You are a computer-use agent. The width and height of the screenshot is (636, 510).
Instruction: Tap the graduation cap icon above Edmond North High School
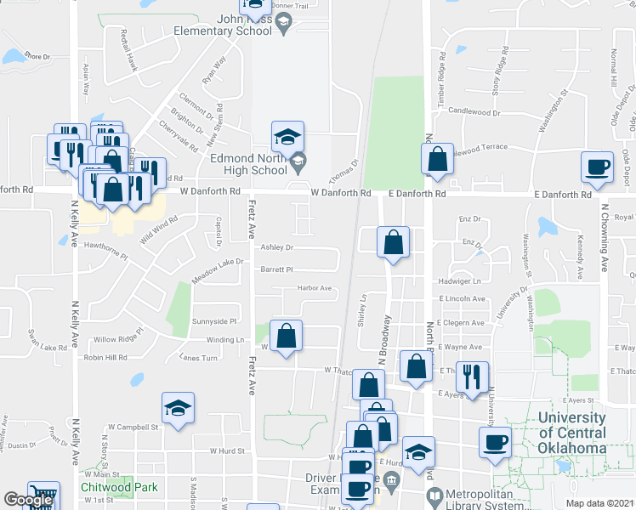287,136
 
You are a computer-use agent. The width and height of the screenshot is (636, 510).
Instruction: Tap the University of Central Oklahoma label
571,433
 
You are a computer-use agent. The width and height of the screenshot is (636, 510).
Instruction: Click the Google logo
28,501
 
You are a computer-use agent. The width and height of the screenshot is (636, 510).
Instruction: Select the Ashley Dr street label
276,248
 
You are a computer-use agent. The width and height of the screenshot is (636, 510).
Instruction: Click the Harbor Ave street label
314,288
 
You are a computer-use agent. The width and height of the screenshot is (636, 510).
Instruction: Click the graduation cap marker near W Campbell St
178,407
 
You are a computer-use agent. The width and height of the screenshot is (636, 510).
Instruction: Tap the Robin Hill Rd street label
105,358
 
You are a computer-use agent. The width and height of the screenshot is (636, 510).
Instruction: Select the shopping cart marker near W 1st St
43,496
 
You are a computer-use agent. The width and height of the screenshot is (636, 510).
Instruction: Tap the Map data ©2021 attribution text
600,503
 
